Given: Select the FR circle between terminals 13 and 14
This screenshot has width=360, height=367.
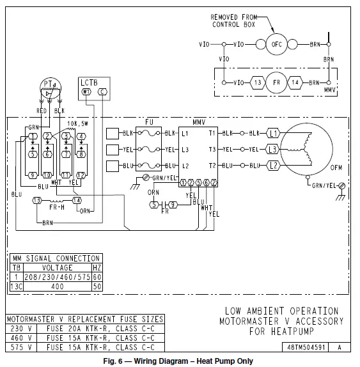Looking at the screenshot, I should pyautogui.click(x=276, y=82).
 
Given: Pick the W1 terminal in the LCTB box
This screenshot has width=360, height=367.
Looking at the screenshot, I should pyautogui.click(x=87, y=92).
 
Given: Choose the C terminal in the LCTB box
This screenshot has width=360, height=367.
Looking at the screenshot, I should pyautogui.click(x=103, y=92).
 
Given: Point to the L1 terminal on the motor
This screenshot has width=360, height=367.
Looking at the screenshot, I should pyautogui.click(x=272, y=133).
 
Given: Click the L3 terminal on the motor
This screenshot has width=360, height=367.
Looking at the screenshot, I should pyautogui.click(x=272, y=149).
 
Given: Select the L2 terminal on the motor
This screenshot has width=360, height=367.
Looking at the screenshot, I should pyautogui.click(x=272, y=165).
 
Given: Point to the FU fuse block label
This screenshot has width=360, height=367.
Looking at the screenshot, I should pyautogui.click(x=149, y=121).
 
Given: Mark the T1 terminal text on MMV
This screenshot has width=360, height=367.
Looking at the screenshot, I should pyautogui.click(x=212, y=133).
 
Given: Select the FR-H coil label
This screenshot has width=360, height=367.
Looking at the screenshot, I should pyautogui.click(x=58, y=208).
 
